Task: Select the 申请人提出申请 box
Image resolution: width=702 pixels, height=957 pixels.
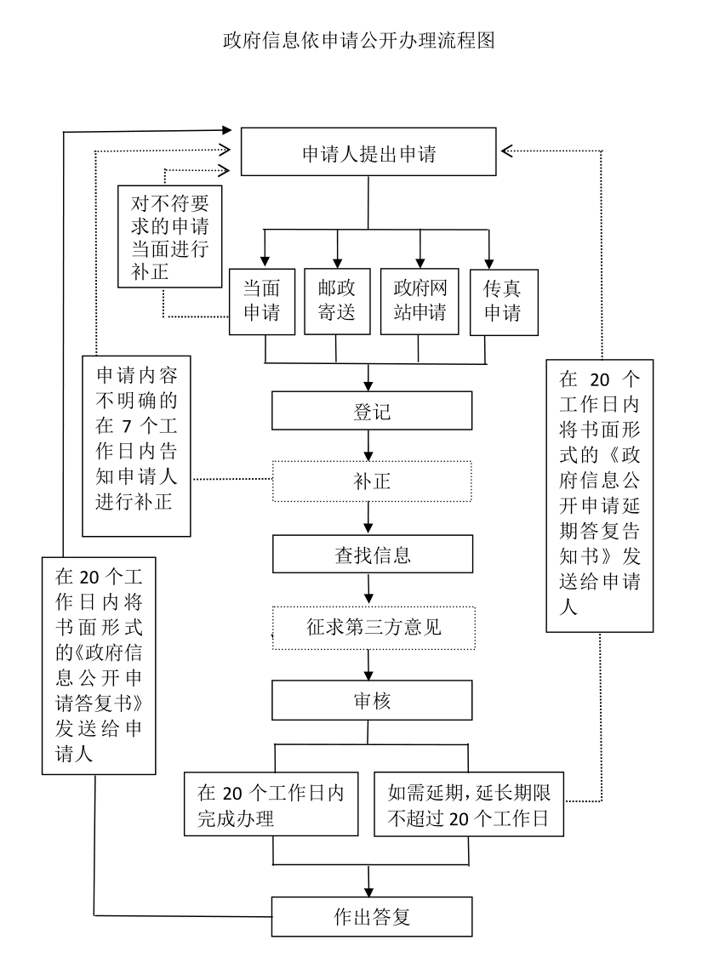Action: tap(368, 154)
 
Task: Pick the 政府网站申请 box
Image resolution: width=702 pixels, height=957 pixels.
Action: tap(419, 301)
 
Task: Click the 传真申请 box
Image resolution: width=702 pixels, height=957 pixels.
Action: tap(503, 301)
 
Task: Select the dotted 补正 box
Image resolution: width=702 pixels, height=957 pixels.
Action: tap(372, 481)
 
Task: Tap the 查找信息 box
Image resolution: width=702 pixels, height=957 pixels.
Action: tap(372, 556)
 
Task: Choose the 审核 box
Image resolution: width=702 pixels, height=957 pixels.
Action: tap(372, 702)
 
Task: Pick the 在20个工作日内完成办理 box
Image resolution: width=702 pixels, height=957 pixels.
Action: tap(271, 805)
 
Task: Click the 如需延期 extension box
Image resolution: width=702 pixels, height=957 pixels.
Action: tap(470, 805)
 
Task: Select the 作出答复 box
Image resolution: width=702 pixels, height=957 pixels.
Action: tap(372, 917)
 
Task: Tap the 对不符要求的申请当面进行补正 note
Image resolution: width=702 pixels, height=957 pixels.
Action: tap(171, 236)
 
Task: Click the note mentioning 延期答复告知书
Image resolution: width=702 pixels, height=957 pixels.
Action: tap(599, 495)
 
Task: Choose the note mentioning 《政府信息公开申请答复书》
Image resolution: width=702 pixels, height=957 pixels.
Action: tap(99, 664)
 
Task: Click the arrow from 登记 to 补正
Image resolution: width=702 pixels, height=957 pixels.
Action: tap(368, 446)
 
